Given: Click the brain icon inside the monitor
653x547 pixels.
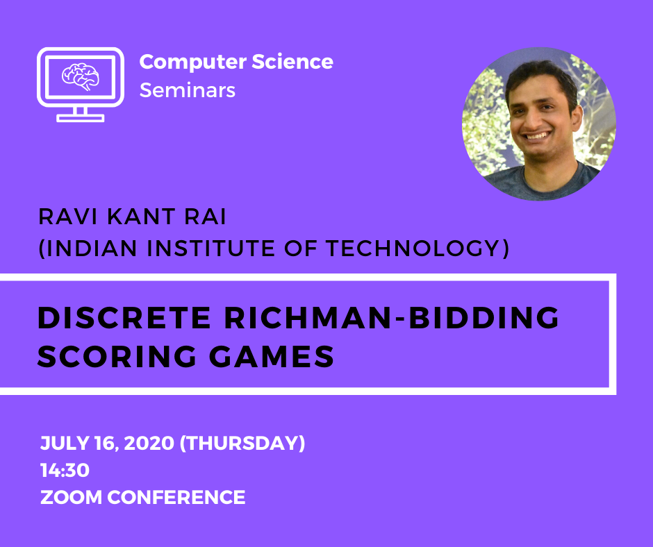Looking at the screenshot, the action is pyautogui.click(x=81, y=76).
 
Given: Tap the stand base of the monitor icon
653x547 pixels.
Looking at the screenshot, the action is pyautogui.click(x=81, y=118).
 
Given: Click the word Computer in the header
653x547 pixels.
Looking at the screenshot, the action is pyautogui.click(x=192, y=62).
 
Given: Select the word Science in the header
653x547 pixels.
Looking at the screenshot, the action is pyautogui.click(x=292, y=62).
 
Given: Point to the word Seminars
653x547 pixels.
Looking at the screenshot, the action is pyautogui.click(x=188, y=90).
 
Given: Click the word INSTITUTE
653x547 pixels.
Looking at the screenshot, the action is pyautogui.click(x=210, y=248).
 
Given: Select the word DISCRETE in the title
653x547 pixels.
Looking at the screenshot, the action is pyautogui.click(x=124, y=318).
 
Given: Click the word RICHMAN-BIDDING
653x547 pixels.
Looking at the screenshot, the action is pyautogui.click(x=392, y=318).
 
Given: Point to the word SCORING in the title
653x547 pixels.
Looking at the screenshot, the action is pyautogui.click(x=117, y=356).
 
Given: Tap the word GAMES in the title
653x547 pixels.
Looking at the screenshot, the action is pyautogui.click(x=272, y=356).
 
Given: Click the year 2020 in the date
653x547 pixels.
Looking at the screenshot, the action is pyautogui.click(x=149, y=443).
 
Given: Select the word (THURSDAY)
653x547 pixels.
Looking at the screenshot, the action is pyautogui.click(x=242, y=443).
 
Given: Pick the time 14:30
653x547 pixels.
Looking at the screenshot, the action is pyautogui.click(x=65, y=471).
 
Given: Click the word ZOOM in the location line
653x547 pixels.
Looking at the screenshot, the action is pyautogui.click(x=71, y=498).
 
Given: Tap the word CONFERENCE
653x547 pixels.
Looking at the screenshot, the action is pyautogui.click(x=176, y=498).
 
